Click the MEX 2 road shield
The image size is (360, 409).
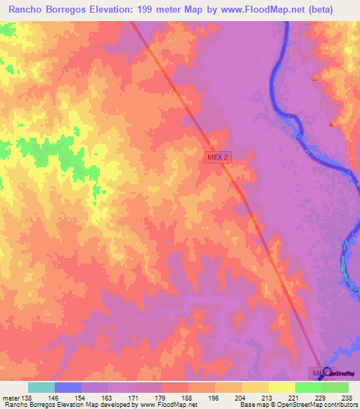click(x=217, y=158)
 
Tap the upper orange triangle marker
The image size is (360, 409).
click(x=316, y=77)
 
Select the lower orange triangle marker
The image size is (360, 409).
click(x=332, y=124)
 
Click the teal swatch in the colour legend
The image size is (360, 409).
click(x=41, y=387)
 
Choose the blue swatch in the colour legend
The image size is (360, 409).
click(x=67, y=387)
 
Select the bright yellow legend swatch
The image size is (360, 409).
click(x=281, y=387)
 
